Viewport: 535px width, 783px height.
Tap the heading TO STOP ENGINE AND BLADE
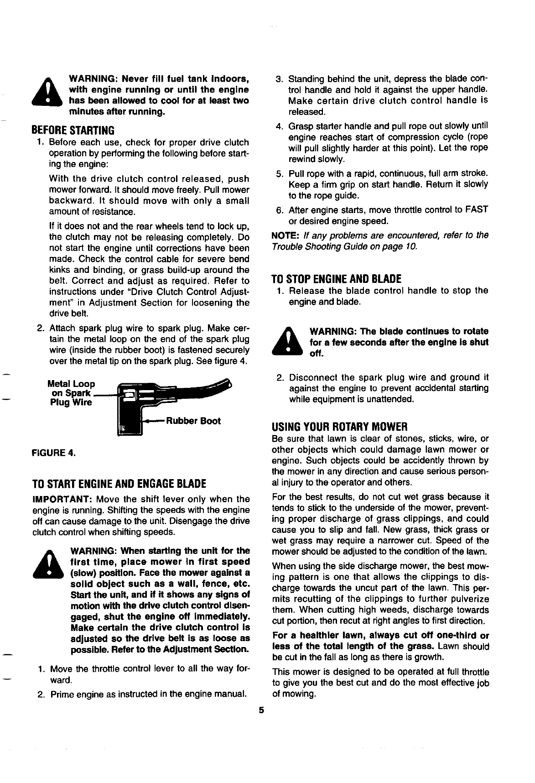point(336,279)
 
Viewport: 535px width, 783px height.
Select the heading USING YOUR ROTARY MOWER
point(339,427)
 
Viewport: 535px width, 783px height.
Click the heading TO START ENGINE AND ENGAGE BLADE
point(119,483)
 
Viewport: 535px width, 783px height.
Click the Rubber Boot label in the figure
point(193,421)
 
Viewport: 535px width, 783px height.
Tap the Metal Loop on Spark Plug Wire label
point(72,393)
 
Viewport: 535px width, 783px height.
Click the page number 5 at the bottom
point(261,710)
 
